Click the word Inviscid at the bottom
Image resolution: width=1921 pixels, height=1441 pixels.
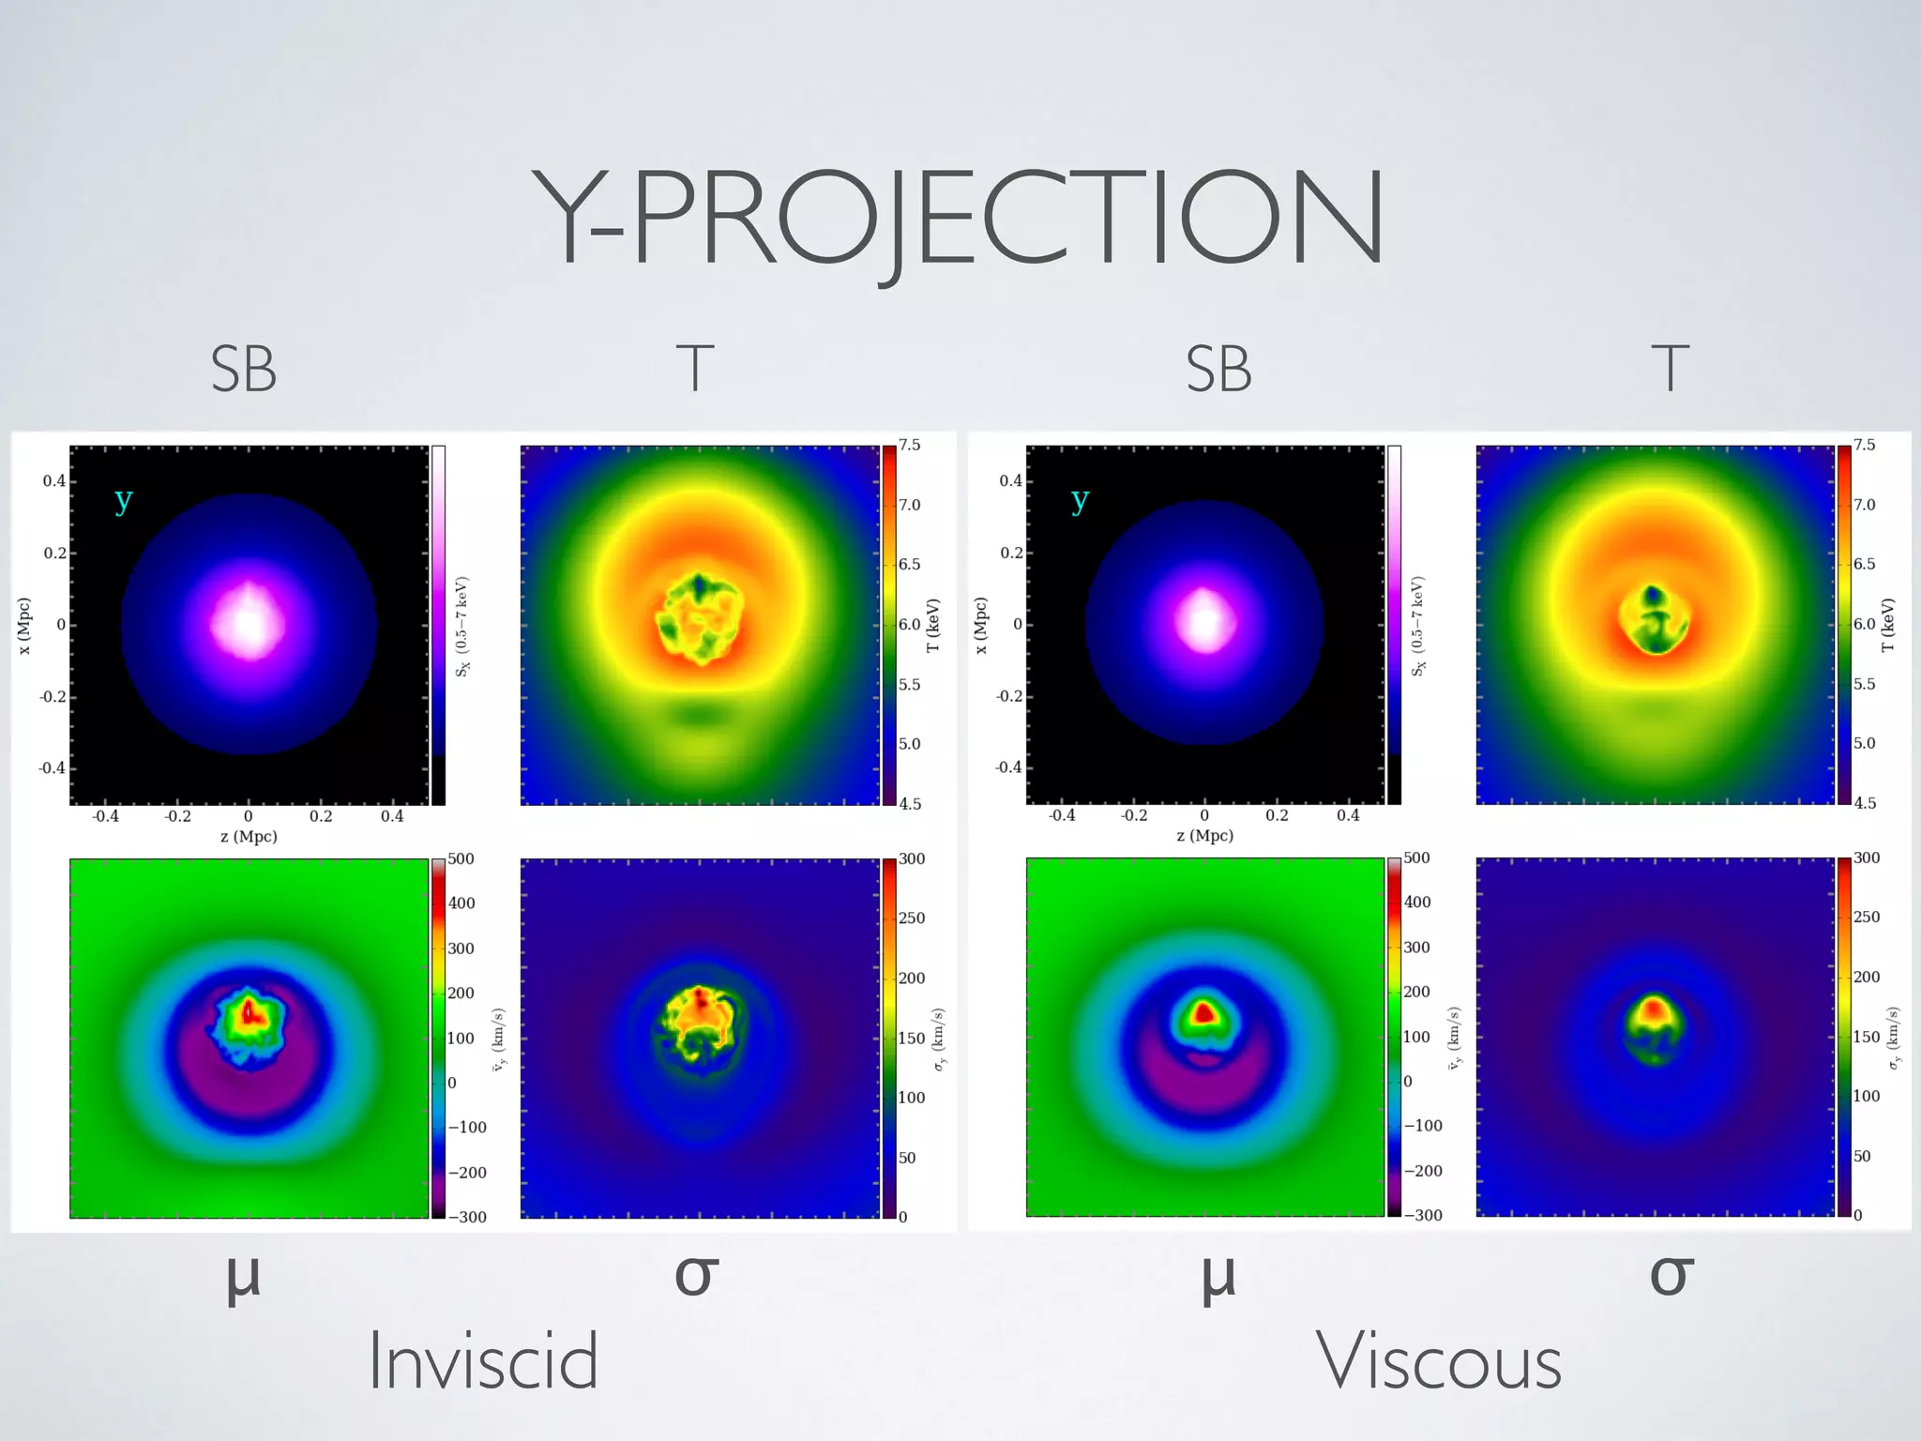pyautogui.click(x=483, y=1362)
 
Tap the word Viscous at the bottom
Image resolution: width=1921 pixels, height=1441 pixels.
pyautogui.click(x=1439, y=1362)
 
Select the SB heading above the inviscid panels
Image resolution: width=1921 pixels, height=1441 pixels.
pyautogui.click(x=243, y=370)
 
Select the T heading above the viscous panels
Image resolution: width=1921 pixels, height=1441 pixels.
pyautogui.click(x=1670, y=369)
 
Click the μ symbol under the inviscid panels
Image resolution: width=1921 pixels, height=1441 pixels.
pyautogui.click(x=243, y=1278)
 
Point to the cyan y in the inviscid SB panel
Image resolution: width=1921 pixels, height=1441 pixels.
pyautogui.click(x=123, y=500)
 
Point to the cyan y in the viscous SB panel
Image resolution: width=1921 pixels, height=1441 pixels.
pyautogui.click(x=1080, y=500)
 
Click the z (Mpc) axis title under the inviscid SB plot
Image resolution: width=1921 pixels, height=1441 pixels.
pyautogui.click(x=249, y=836)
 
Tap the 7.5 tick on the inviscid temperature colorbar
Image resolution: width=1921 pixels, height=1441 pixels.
pyautogui.click(x=910, y=445)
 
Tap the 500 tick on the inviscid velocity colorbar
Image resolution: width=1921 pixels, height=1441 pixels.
pyautogui.click(x=461, y=859)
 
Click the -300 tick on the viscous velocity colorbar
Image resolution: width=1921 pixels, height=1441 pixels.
pyautogui.click(x=1423, y=1215)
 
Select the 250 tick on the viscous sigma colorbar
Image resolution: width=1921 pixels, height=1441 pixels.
pyautogui.click(x=1867, y=917)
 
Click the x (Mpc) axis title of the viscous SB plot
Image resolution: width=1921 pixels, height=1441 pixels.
pyautogui.click(x=980, y=625)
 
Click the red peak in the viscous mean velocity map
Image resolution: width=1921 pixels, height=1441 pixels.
pyautogui.click(x=1203, y=1013)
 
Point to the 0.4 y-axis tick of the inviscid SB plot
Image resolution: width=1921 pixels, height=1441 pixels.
pyautogui.click(x=53, y=481)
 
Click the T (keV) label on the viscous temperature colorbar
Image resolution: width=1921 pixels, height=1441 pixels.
pyautogui.click(x=1887, y=625)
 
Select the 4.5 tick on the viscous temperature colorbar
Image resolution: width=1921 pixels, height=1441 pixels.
pyautogui.click(x=1865, y=803)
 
